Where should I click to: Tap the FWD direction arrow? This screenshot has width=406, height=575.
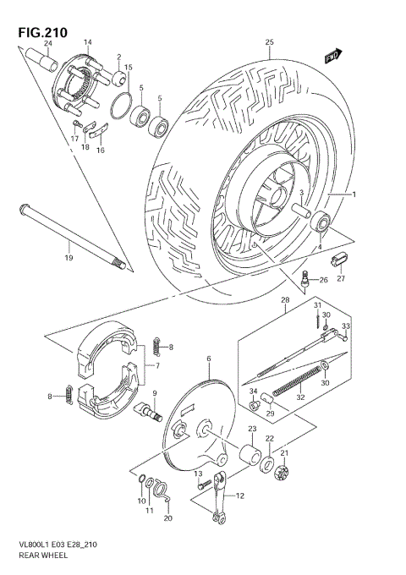point(332,55)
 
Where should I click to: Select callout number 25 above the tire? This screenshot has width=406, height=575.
point(269,42)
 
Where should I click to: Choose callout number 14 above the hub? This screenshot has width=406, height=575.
point(87,41)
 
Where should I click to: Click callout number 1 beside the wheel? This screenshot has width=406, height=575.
point(354,195)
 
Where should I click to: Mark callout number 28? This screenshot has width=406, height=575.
point(285,300)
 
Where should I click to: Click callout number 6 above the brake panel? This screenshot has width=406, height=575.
point(207,359)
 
